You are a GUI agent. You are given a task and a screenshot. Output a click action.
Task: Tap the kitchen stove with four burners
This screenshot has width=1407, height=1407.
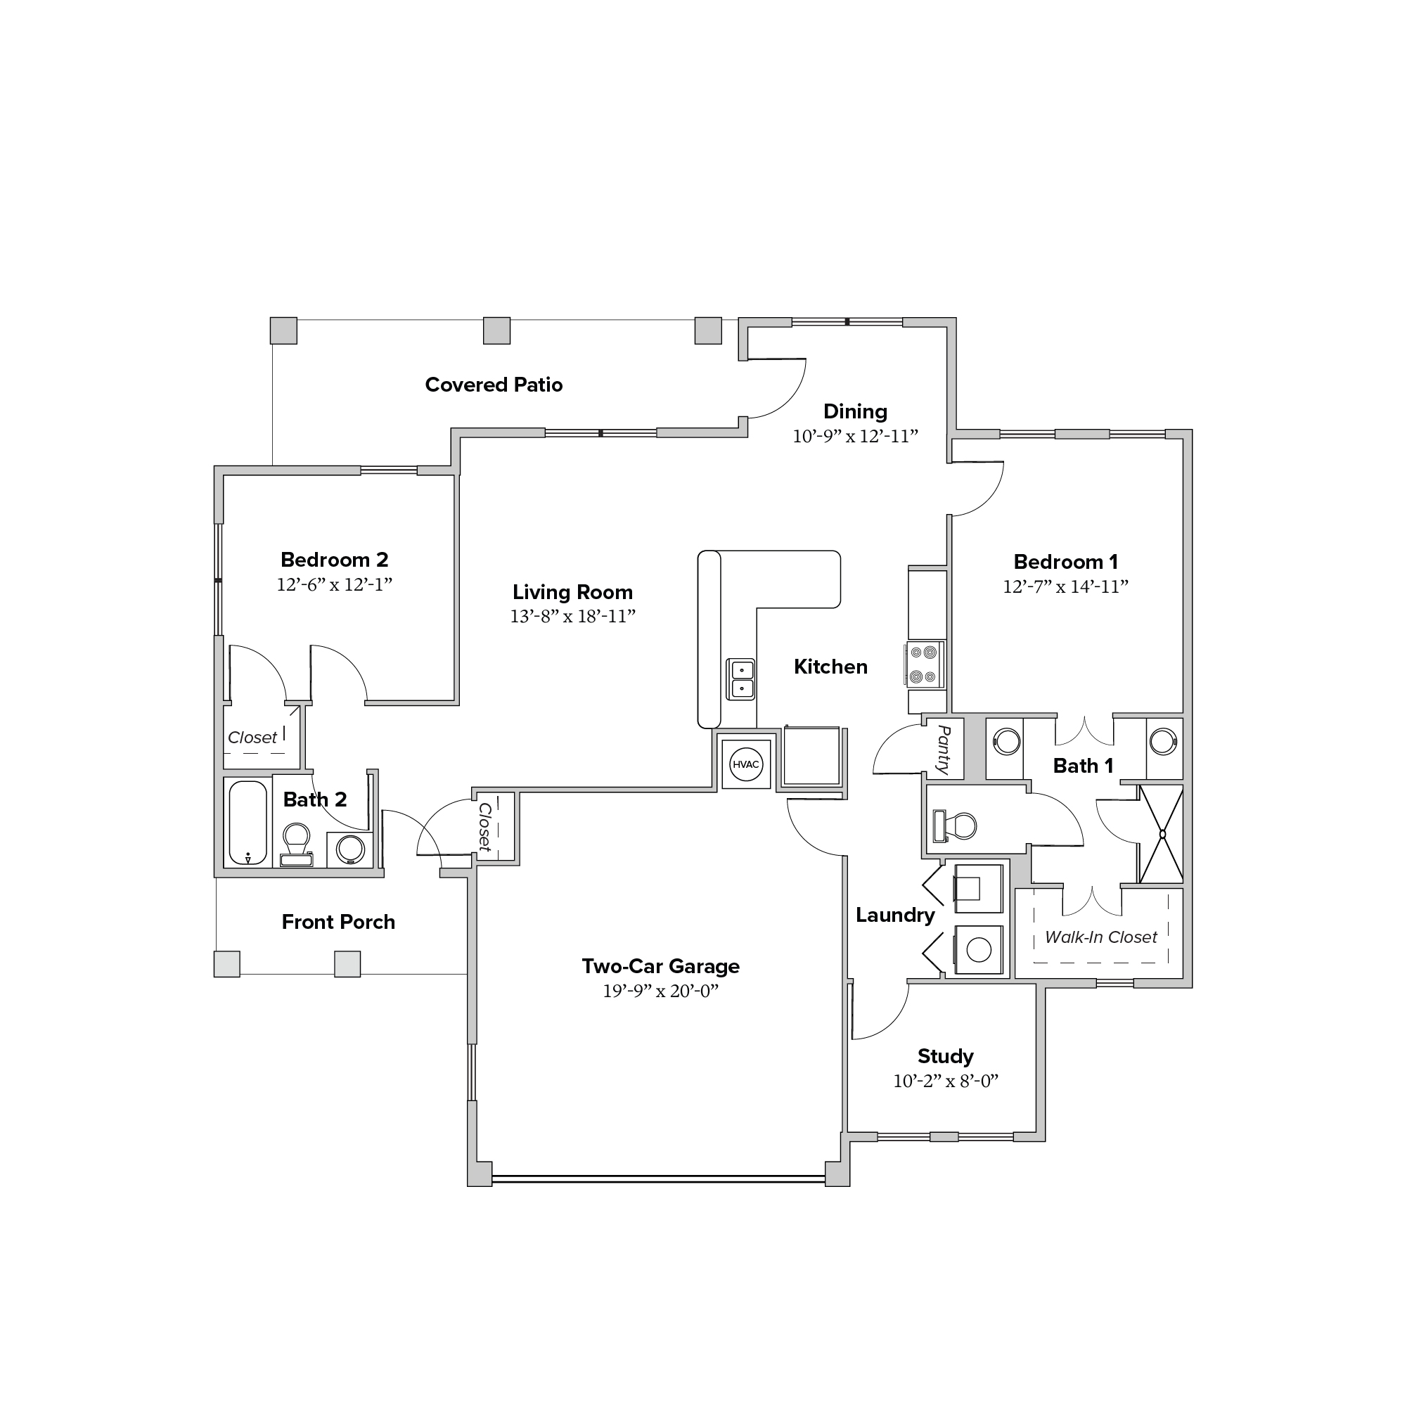(925, 664)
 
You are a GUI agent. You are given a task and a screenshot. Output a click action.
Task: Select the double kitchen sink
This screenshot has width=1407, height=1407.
(741, 679)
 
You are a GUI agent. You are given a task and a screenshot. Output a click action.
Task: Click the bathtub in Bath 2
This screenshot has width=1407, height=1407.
(248, 823)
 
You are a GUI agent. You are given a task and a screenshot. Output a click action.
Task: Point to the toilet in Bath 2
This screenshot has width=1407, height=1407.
(297, 844)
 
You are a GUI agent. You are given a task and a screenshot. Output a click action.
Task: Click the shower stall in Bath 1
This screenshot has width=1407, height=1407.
(1161, 834)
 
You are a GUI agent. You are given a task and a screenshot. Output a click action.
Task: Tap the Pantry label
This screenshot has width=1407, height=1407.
(944, 749)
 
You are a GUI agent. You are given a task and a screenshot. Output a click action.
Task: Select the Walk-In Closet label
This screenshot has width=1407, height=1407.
(1100, 937)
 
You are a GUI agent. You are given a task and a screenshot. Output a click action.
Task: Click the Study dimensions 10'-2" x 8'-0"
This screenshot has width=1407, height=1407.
(945, 1081)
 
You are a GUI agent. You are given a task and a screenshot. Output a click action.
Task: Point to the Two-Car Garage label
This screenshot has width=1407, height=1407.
(660, 966)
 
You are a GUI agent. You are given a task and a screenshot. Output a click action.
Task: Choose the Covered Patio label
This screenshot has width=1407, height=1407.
(494, 385)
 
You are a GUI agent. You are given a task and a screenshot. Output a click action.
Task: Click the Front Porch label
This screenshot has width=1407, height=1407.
(339, 922)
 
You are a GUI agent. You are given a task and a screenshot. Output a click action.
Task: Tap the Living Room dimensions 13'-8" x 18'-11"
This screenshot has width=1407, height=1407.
(572, 616)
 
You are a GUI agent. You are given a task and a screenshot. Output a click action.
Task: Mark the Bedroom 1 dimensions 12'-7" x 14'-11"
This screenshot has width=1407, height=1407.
(1065, 586)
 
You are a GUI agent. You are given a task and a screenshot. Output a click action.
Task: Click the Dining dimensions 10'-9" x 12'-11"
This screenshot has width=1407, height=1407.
(855, 436)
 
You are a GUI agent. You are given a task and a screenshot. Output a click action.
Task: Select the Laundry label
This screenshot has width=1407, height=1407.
(895, 915)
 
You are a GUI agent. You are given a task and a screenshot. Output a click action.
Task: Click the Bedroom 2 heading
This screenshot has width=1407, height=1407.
(334, 559)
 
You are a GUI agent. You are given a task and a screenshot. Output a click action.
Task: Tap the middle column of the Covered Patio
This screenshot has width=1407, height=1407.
(496, 330)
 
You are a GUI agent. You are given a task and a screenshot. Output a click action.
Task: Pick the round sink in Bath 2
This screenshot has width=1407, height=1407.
(350, 849)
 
